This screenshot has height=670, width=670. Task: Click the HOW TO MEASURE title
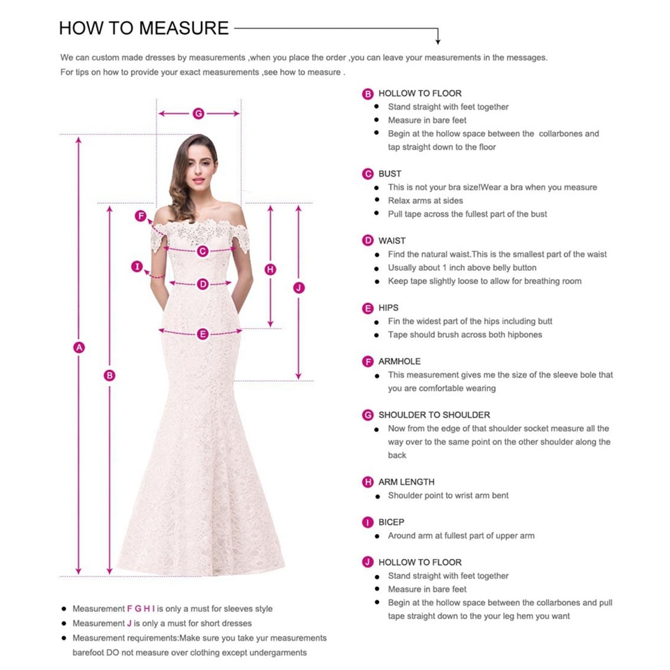coord(144,28)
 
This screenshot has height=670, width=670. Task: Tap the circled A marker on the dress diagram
coord(80,348)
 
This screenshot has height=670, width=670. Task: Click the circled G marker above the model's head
coord(198,113)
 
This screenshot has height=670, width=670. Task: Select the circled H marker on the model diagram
coord(271,269)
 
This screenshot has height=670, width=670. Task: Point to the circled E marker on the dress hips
coord(202,334)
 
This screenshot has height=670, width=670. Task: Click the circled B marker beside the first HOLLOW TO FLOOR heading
coord(368,94)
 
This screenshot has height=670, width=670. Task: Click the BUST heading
coord(390,174)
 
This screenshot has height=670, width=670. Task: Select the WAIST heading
coord(392,241)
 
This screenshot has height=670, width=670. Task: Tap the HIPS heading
coord(389,308)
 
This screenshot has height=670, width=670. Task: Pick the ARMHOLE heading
coord(400,362)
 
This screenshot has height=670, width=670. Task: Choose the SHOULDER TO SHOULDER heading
coord(434,415)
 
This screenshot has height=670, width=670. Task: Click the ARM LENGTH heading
coord(406,482)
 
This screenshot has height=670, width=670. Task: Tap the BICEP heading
coord(392,522)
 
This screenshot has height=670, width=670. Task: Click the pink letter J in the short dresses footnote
coord(129,623)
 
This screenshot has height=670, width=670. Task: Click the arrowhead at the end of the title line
coord(438,40)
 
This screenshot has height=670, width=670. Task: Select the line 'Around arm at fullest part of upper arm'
coord(461,536)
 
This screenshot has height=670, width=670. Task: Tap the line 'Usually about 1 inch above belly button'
coord(462,268)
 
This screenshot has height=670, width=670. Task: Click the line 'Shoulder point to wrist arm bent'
coord(448,496)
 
